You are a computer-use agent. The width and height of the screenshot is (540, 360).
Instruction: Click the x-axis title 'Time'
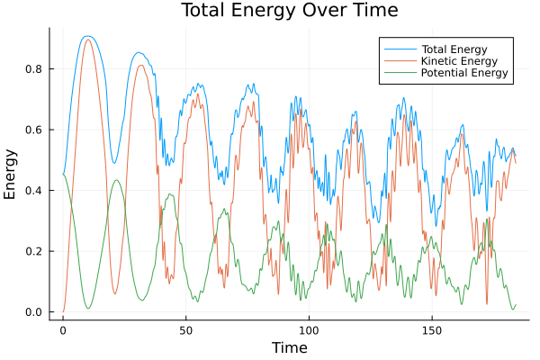click(289, 347)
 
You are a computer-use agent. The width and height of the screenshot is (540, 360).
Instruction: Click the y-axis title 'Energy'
click(11, 174)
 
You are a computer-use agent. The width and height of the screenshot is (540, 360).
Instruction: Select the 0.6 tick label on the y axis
click(34, 130)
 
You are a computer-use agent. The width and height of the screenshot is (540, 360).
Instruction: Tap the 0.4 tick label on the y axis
click(34, 191)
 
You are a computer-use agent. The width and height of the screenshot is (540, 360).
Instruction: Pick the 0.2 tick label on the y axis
click(34, 251)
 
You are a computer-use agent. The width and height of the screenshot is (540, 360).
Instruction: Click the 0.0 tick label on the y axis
click(34, 312)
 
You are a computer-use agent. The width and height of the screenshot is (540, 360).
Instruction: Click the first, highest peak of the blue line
click(86, 37)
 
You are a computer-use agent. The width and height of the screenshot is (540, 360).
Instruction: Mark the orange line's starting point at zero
click(63, 311)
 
